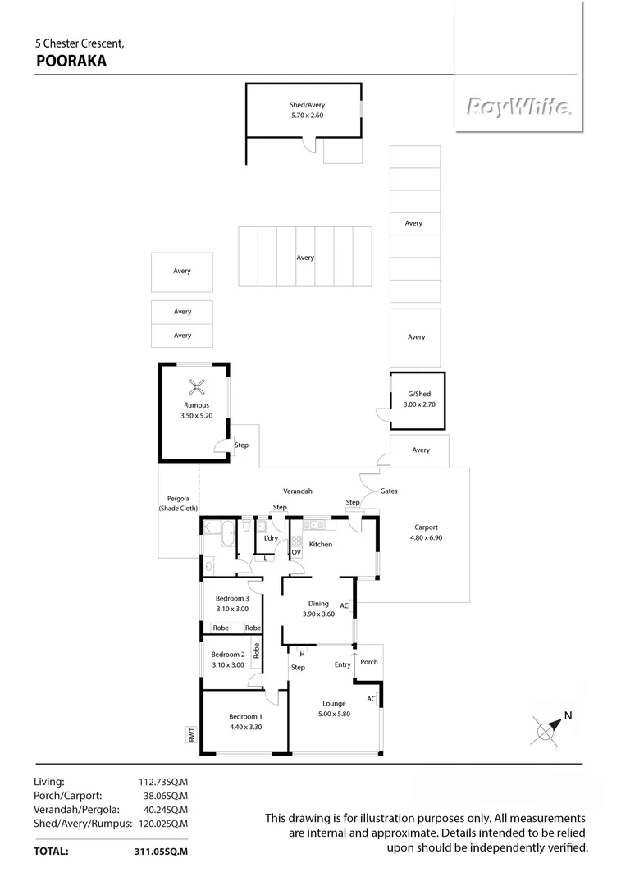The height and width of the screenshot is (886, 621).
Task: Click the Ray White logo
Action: click(519, 107)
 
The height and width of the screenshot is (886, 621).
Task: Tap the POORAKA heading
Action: click(71, 60)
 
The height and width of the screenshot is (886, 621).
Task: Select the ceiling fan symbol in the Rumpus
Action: click(197, 385)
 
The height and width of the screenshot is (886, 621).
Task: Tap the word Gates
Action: click(389, 491)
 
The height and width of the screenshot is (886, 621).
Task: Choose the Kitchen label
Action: click(321, 545)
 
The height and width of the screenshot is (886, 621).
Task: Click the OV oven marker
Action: click(297, 552)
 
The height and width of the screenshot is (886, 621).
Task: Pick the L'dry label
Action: click(271, 538)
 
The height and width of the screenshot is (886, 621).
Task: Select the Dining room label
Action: click(318, 604)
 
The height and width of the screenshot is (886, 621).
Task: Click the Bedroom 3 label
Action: click(232, 599)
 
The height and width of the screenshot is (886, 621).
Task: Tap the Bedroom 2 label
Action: click(227, 655)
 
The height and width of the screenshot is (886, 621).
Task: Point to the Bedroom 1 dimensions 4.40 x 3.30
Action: click(244, 726)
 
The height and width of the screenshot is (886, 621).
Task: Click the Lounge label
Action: click(334, 704)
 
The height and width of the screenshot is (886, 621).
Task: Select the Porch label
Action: click(369, 662)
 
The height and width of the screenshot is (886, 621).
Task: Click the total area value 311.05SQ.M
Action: click(161, 852)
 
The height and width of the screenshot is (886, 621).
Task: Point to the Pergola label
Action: click(179, 498)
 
